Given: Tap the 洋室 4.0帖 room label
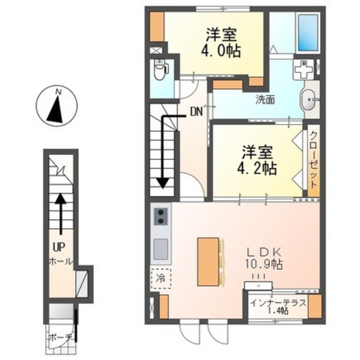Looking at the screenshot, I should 224,42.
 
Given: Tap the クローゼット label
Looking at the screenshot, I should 313,160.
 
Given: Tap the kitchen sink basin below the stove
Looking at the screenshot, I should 161,247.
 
